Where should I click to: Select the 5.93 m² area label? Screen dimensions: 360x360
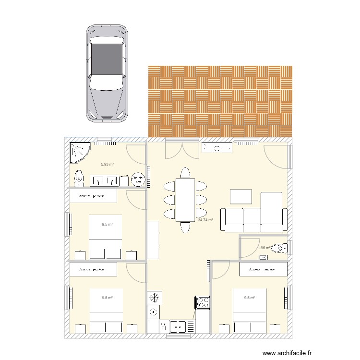(x=107, y=165)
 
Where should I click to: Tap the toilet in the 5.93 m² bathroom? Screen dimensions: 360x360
(x=79, y=178)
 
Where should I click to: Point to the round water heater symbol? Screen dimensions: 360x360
(x=138, y=180)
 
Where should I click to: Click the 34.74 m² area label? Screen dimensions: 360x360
(x=205, y=220)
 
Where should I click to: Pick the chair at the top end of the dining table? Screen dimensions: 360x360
(x=185, y=172)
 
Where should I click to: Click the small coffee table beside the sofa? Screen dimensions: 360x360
(x=240, y=197)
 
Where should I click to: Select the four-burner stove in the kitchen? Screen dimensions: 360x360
(x=202, y=302)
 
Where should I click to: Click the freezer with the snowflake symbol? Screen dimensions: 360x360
(x=154, y=298)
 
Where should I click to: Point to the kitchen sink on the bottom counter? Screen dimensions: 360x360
(x=178, y=326)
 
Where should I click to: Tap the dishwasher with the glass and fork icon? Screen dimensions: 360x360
(x=165, y=326)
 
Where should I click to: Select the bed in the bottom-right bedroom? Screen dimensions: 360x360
(x=249, y=310)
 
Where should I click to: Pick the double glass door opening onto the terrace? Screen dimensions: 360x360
(x=175, y=149)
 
